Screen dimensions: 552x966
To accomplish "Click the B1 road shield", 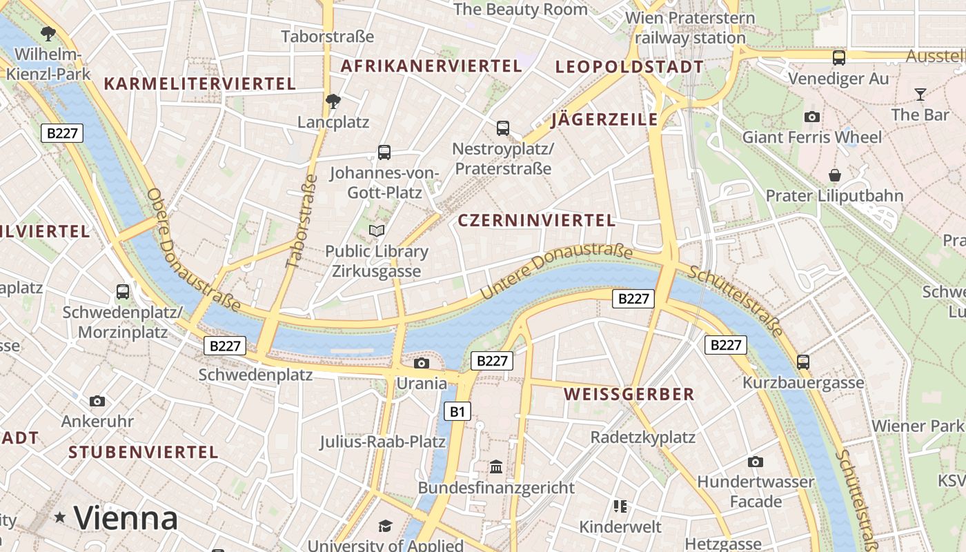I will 456,412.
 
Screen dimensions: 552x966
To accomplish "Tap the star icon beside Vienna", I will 61,517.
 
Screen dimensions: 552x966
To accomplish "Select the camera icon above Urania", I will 421,363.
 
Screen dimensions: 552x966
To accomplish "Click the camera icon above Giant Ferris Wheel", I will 812,117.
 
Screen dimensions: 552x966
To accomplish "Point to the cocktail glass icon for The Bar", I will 920,94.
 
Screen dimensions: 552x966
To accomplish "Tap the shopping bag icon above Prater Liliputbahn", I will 835,175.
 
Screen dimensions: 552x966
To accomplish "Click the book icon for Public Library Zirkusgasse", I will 377,230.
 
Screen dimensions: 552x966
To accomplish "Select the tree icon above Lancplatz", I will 333,101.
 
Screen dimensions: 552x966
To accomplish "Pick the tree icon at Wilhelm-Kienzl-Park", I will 48,32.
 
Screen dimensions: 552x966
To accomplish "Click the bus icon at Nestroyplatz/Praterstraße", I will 503,128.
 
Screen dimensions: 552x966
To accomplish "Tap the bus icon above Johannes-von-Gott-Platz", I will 384,152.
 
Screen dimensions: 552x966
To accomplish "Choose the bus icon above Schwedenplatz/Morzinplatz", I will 123,291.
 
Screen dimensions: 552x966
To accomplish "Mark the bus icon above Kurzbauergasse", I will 803,362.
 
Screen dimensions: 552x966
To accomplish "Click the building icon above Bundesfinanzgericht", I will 496,467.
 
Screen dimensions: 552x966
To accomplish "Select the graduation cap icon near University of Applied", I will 385,526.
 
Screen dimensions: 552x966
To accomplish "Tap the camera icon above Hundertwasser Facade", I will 756,462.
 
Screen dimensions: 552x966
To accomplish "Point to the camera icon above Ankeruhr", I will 97,401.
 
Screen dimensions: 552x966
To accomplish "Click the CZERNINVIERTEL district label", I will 536,220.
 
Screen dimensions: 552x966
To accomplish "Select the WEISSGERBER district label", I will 629,394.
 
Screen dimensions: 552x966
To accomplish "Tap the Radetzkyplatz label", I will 642,437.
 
